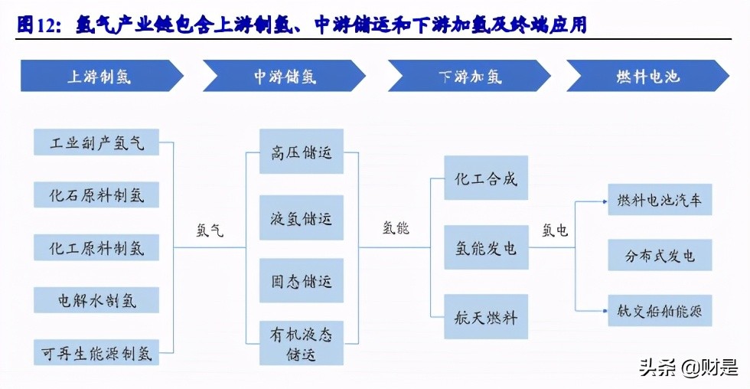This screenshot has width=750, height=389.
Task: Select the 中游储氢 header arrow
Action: click(x=285, y=77)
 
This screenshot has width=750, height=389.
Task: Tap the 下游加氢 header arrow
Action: click(x=468, y=77)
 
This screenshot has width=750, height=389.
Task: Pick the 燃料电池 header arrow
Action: click(x=647, y=77)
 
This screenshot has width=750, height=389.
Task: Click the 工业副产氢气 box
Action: click(x=96, y=142)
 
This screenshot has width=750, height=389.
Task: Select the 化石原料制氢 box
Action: click(x=96, y=194)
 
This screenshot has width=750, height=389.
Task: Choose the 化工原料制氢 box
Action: click(x=96, y=247)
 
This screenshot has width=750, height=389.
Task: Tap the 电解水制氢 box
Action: click(x=96, y=299)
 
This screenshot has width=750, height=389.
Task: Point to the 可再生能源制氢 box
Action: click(x=96, y=352)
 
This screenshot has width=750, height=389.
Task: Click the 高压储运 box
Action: click(x=302, y=152)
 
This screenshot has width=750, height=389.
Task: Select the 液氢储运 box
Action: click(x=302, y=217)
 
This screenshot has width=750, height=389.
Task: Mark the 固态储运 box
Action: click(x=302, y=281)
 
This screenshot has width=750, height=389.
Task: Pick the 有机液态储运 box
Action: click(x=302, y=344)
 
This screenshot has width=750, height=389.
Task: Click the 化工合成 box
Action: click(x=486, y=180)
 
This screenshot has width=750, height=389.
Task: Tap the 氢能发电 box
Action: click(x=486, y=247)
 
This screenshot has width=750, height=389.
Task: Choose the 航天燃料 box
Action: click(x=486, y=315)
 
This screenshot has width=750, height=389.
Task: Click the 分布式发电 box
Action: click(x=660, y=255)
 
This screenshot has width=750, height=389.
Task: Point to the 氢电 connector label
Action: click(x=555, y=230)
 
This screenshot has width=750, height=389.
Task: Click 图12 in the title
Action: click(x=37, y=25)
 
